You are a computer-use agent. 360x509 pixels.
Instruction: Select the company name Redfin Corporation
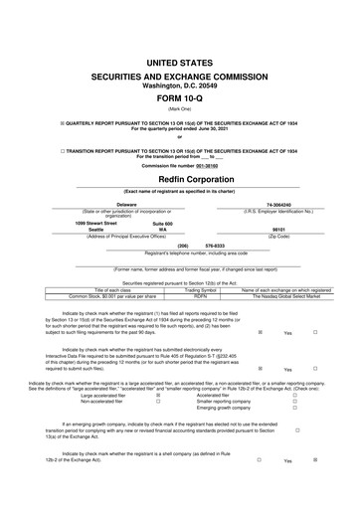[179, 180]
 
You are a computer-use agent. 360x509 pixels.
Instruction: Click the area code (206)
[182, 244]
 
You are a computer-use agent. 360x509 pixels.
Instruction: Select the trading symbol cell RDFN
[200, 295]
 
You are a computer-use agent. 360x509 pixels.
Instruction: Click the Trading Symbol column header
[200, 288]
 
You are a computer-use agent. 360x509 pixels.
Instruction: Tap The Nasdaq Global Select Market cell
[286, 295]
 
